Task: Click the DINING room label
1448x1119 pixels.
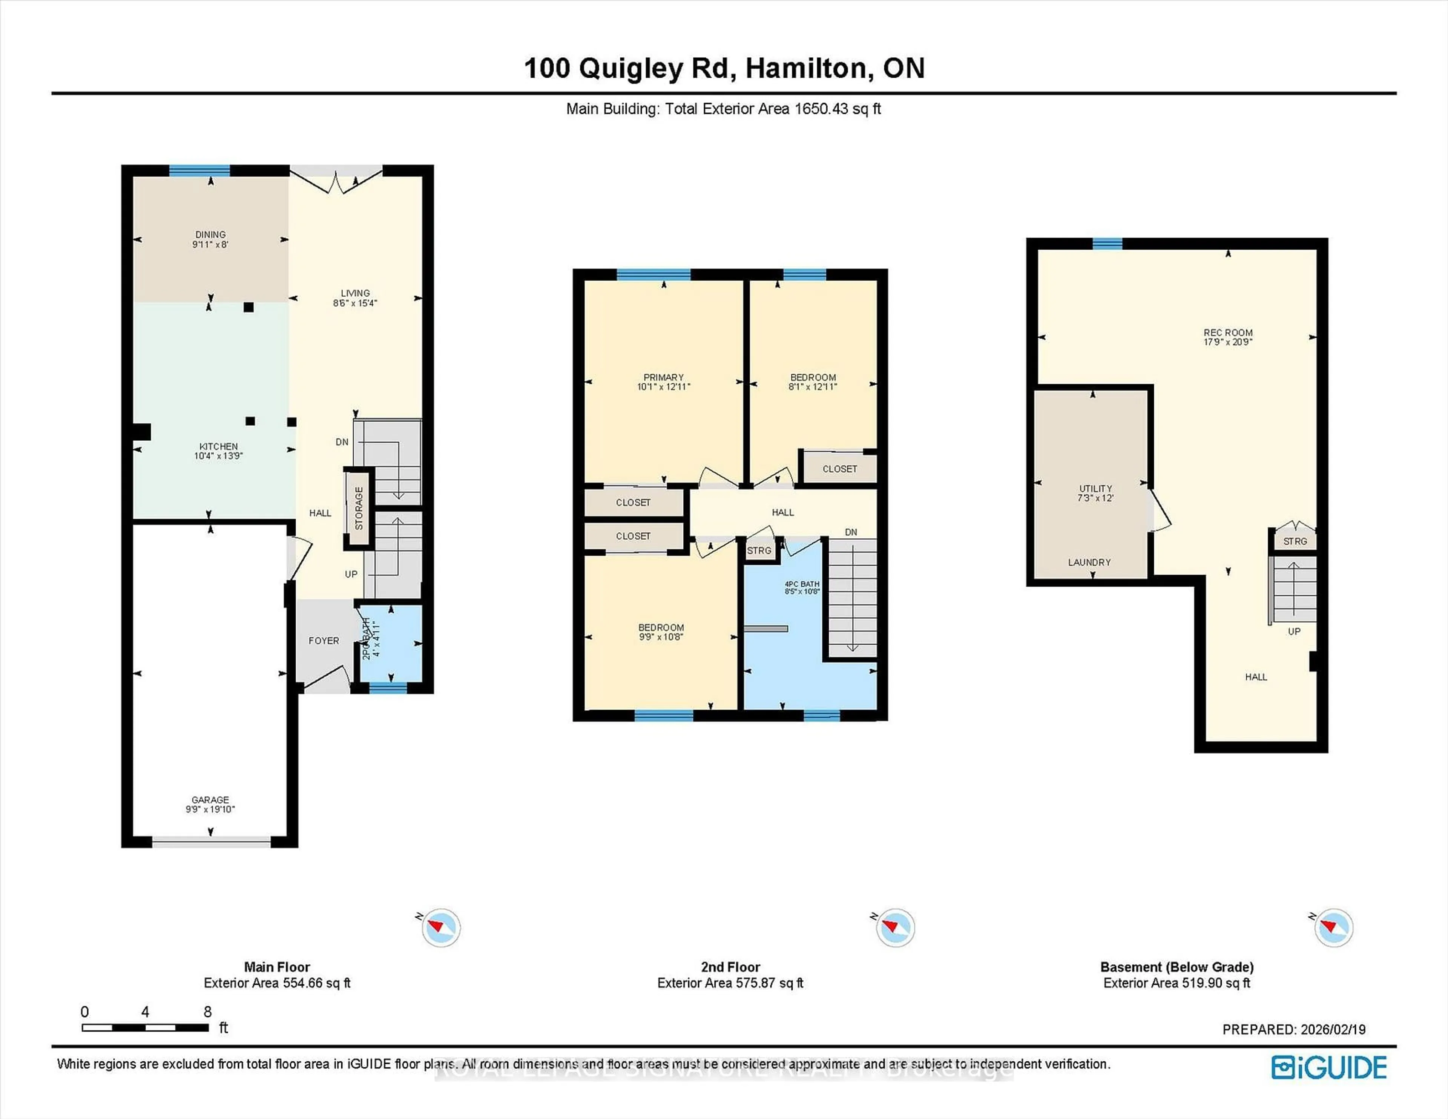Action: tap(210, 235)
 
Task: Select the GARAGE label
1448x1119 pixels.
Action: tap(210, 800)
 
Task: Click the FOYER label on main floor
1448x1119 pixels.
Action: tap(324, 641)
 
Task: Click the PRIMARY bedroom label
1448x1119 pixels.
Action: tap(663, 377)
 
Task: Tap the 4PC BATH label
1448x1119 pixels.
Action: tap(802, 584)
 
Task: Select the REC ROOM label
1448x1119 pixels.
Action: tap(1228, 333)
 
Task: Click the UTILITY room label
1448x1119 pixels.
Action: tap(1095, 489)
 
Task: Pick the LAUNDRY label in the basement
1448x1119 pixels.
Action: tap(1089, 562)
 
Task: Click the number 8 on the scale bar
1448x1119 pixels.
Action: tap(207, 1012)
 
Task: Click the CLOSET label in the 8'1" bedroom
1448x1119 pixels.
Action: tap(839, 469)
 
